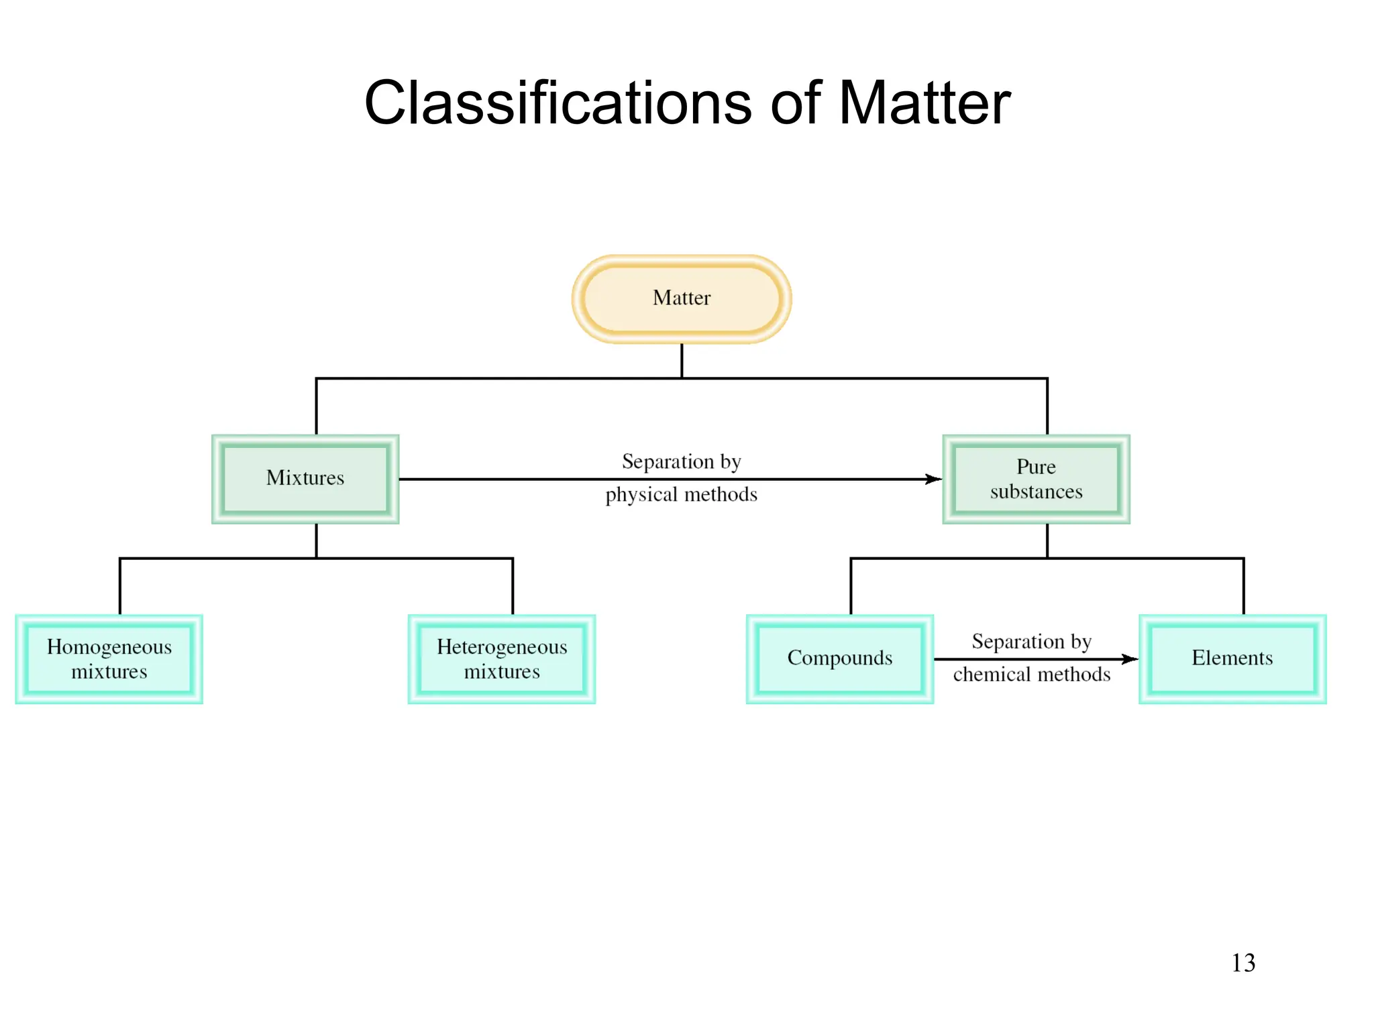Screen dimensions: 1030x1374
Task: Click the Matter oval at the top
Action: (x=682, y=298)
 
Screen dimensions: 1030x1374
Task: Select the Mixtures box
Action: (x=305, y=479)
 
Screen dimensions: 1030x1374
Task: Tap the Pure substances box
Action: (x=1036, y=479)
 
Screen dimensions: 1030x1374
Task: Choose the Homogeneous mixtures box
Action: (x=109, y=659)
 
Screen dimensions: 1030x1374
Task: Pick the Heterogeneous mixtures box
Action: (x=502, y=659)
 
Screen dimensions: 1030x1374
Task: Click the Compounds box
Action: (x=840, y=659)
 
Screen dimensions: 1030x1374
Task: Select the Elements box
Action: (x=1232, y=659)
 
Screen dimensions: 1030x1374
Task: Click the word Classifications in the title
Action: (x=558, y=103)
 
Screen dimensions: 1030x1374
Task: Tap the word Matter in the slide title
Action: (x=924, y=103)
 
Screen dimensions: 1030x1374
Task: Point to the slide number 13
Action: (x=1243, y=963)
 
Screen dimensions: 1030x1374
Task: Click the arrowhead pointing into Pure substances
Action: (x=934, y=479)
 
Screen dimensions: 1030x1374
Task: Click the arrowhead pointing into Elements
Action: (x=1130, y=659)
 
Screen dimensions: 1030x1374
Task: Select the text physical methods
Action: (x=681, y=495)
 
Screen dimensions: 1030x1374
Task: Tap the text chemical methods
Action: (x=1032, y=675)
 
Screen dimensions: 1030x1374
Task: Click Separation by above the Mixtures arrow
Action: (x=681, y=461)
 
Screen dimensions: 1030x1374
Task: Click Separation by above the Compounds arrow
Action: (x=1032, y=642)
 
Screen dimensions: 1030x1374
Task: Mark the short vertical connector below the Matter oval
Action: (x=682, y=361)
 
